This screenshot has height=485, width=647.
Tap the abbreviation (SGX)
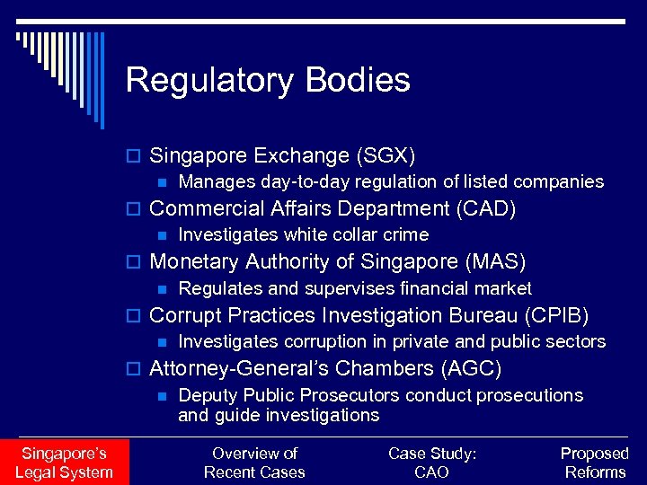386,155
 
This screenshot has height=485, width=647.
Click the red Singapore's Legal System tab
64,463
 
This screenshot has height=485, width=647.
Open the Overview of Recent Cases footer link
254,463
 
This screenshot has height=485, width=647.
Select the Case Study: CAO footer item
432,463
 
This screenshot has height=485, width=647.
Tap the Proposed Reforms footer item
595,463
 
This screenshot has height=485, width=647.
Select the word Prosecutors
351,395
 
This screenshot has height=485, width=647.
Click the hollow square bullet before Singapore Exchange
136,156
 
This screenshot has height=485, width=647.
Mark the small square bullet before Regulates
162,289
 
